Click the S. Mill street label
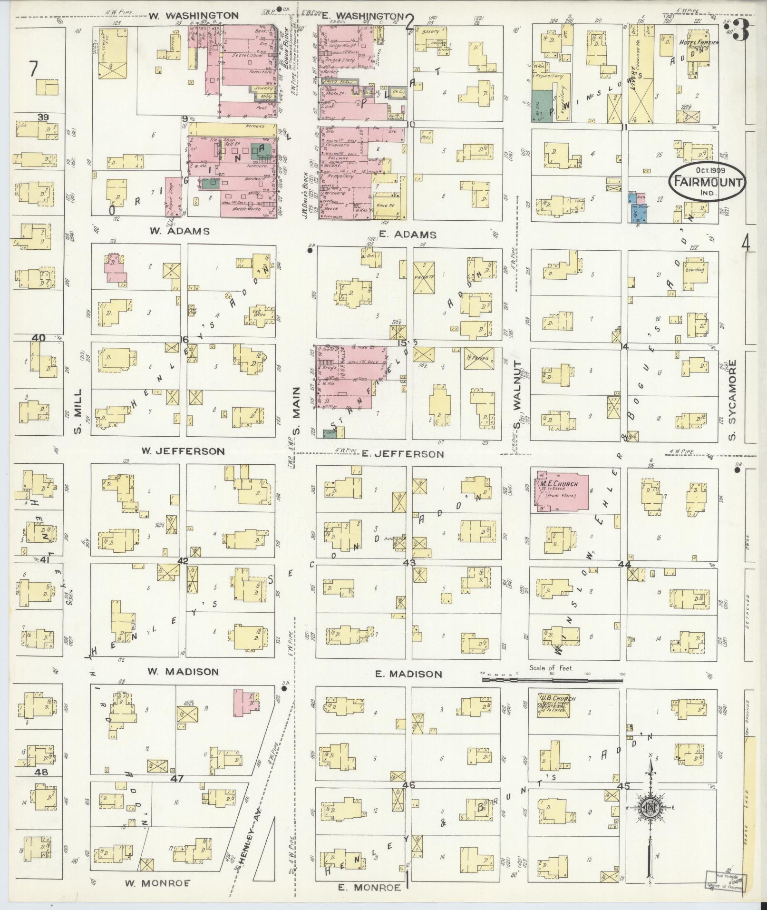(x=78, y=412)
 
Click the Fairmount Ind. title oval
(x=707, y=181)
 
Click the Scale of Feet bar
(x=552, y=680)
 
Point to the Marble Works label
(x=247, y=209)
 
